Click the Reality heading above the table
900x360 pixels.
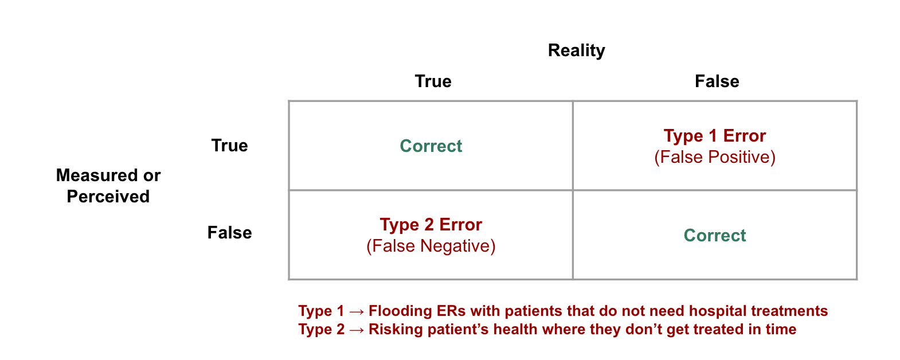click(576, 50)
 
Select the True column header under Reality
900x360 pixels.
click(433, 81)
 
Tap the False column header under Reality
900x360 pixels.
click(717, 81)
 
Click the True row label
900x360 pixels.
click(229, 146)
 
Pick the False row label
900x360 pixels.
click(229, 233)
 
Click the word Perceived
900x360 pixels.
click(108, 197)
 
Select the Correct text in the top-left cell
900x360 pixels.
click(431, 146)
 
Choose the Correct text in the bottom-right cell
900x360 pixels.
click(714, 236)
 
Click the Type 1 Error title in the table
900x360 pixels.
click(714, 136)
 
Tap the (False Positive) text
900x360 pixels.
click(714, 157)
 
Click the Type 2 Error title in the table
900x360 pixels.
click(431, 225)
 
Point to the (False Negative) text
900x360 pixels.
click(431, 246)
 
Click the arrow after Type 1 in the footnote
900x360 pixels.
click(356, 311)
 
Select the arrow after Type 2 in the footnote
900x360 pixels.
click(356, 330)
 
